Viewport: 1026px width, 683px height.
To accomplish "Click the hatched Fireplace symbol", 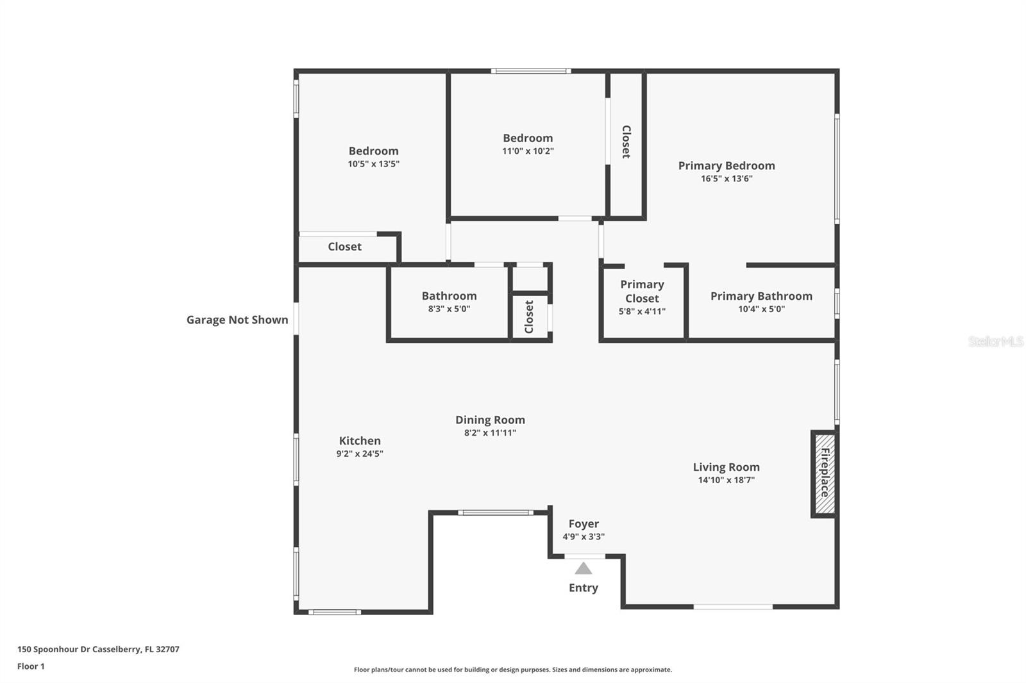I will tap(825, 473).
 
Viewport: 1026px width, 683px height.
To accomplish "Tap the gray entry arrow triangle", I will tap(583, 568).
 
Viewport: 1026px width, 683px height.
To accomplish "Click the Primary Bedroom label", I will tap(727, 165).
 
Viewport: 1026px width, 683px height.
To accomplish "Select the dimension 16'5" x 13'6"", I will tap(727, 179).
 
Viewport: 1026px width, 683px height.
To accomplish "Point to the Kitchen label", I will tap(360, 441).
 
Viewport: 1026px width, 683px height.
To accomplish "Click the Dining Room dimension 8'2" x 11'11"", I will tap(490, 433).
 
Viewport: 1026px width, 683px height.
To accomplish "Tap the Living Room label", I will tap(726, 467).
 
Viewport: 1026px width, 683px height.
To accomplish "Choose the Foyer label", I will tap(584, 523).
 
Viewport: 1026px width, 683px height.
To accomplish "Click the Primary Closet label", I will tap(642, 292).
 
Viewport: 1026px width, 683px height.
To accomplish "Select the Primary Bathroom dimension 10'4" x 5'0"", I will tap(761, 309).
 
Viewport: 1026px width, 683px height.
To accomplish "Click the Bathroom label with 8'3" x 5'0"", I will tap(449, 296).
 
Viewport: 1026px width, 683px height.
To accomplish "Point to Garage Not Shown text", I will tap(237, 320).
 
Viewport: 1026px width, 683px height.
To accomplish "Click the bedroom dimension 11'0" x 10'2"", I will tap(528, 151).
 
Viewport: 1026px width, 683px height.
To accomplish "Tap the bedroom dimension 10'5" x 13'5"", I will tap(373, 164).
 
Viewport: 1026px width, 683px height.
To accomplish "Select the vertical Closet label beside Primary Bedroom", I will tap(627, 142).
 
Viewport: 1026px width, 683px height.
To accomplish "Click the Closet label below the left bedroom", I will tap(344, 247).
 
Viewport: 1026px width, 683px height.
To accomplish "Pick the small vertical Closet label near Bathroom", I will tap(529, 317).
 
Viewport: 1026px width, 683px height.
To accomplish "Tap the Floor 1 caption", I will tap(31, 666).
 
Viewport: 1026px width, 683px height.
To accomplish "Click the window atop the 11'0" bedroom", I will tap(531, 71).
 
